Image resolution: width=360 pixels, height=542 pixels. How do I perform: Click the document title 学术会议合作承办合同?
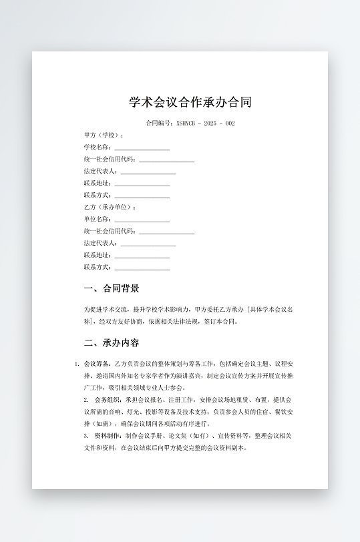click(190, 102)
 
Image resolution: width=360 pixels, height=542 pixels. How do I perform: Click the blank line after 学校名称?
click(142, 148)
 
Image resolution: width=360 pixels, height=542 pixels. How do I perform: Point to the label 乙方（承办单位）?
click(110, 207)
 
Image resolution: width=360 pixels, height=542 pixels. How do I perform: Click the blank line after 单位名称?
click(142, 220)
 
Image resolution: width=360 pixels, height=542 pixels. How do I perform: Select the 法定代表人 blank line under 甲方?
click(148, 172)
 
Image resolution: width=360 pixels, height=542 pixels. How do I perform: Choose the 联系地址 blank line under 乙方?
click(142, 256)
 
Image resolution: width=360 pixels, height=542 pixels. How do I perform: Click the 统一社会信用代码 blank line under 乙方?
click(166, 232)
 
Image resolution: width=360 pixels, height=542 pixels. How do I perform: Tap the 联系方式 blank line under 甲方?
click(142, 196)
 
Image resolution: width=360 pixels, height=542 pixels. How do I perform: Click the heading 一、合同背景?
click(112, 289)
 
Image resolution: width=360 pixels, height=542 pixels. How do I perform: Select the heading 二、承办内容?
click(112, 343)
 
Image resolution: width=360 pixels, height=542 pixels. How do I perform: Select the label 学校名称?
click(97, 147)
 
